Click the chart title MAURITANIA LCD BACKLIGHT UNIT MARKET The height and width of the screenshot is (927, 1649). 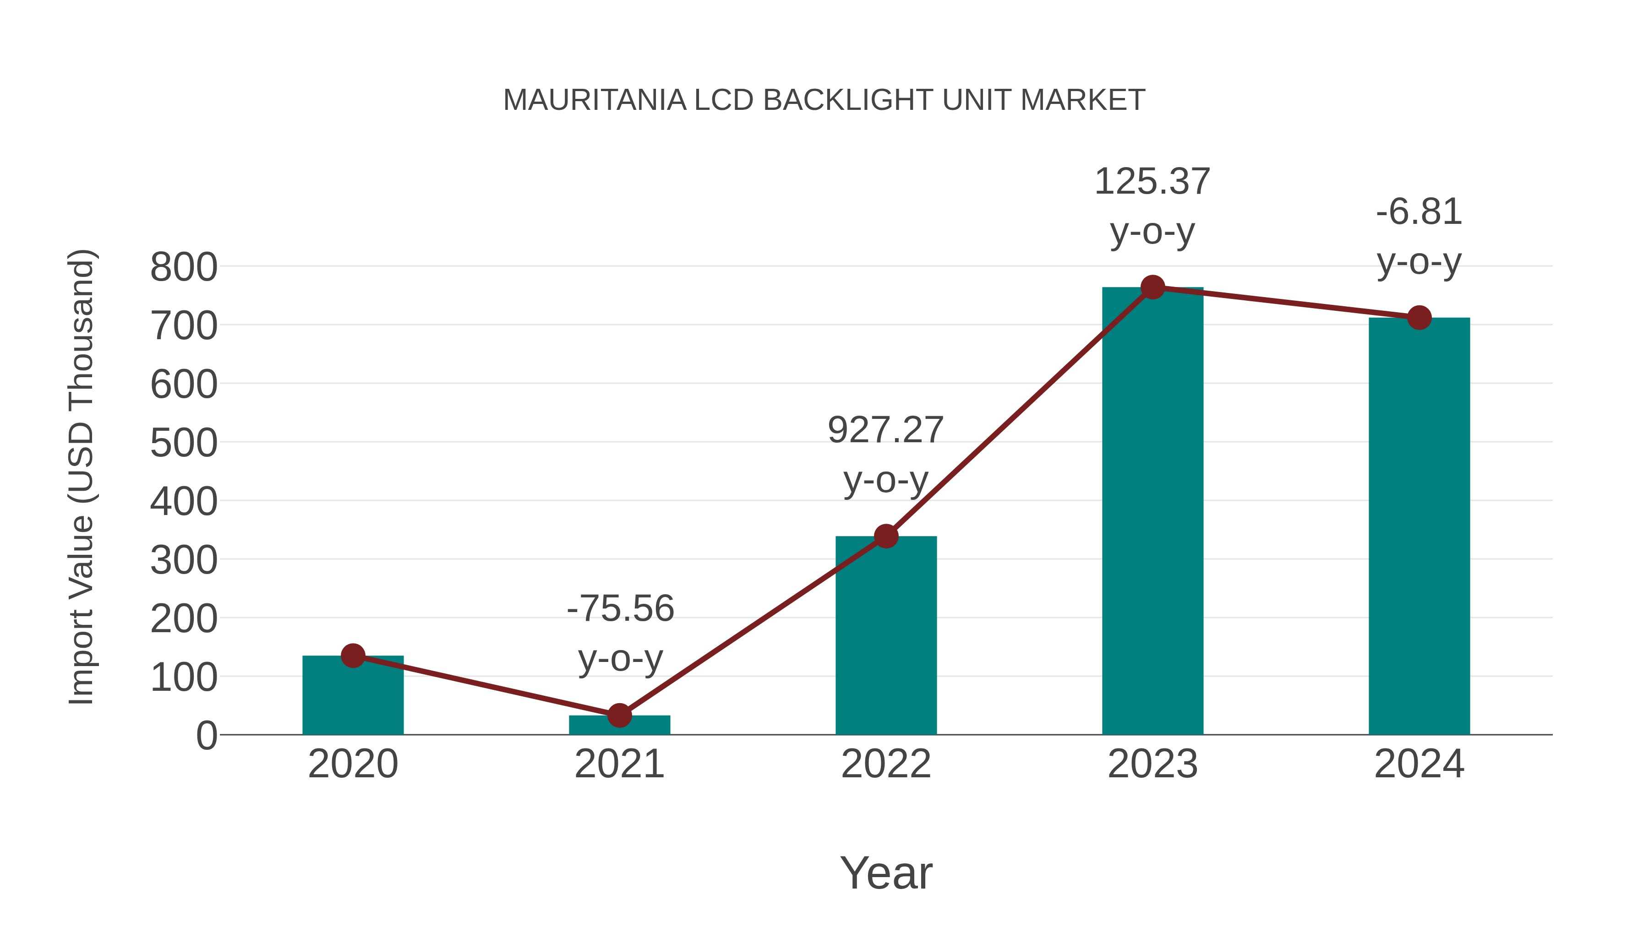[824, 100]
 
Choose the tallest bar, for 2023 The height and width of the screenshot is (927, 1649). [1152, 512]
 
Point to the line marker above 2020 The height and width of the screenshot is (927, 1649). [353, 655]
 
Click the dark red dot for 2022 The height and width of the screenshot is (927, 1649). [886, 536]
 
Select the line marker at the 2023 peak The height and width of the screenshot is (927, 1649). [1152, 287]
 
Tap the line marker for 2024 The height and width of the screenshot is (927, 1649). [1419, 317]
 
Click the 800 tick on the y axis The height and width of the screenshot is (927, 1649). [184, 267]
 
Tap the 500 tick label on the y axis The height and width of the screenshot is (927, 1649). [184, 443]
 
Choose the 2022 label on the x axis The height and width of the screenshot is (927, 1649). [886, 764]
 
